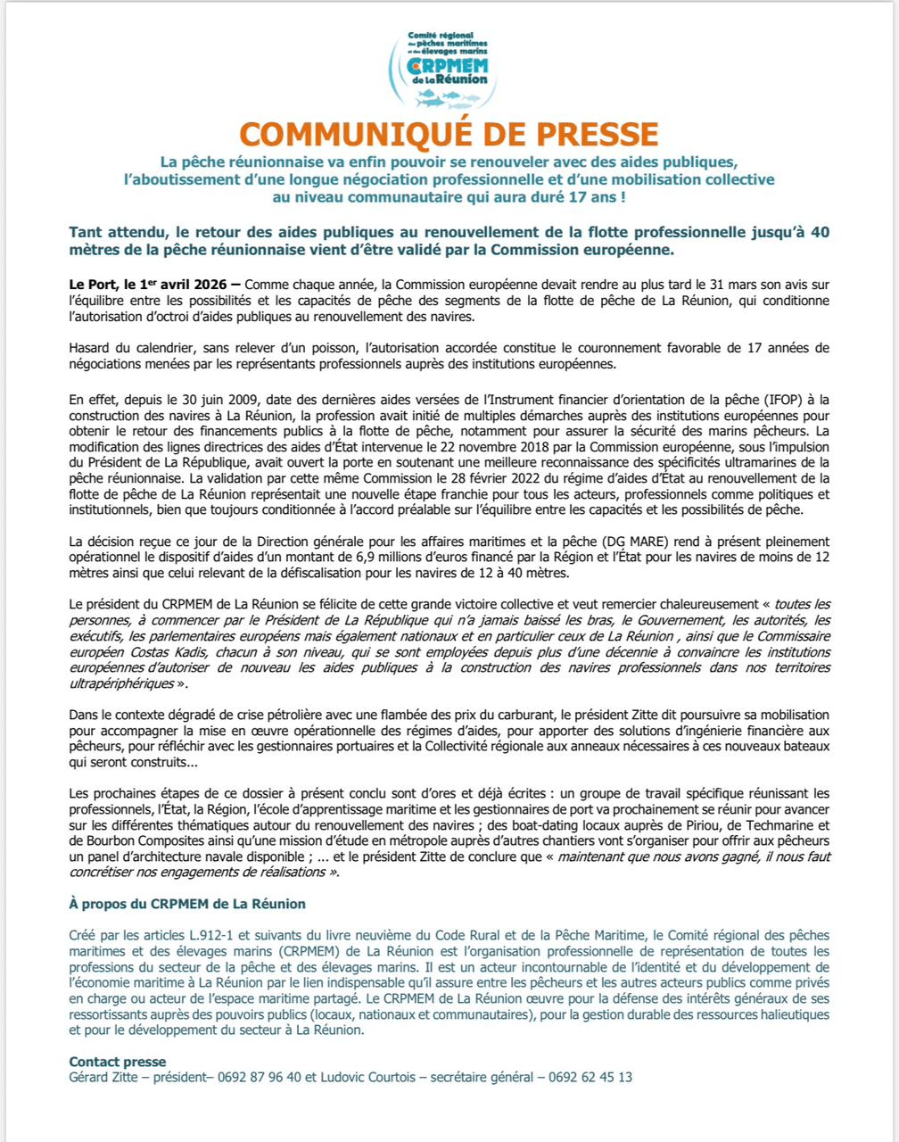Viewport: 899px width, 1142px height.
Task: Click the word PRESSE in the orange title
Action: click(x=583, y=134)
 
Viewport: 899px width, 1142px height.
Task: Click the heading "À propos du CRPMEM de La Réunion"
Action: click(x=187, y=904)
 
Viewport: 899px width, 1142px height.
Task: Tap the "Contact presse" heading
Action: click(x=117, y=1061)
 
